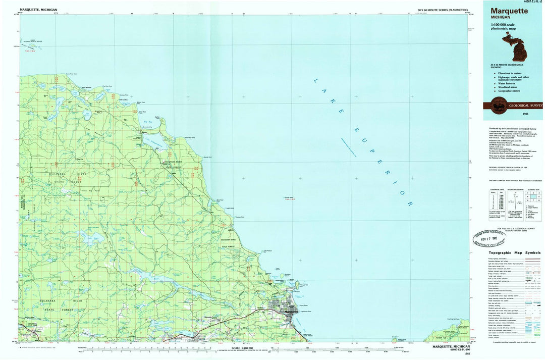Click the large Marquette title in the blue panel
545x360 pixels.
pyautogui.click(x=507, y=10)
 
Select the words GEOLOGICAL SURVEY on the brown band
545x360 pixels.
pyautogui.click(x=526, y=106)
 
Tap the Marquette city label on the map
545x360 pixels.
pyautogui.click(x=292, y=312)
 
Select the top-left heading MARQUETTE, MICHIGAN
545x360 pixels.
pyautogui.click(x=38, y=10)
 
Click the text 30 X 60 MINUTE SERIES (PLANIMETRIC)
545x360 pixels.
pyautogui.click(x=443, y=10)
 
